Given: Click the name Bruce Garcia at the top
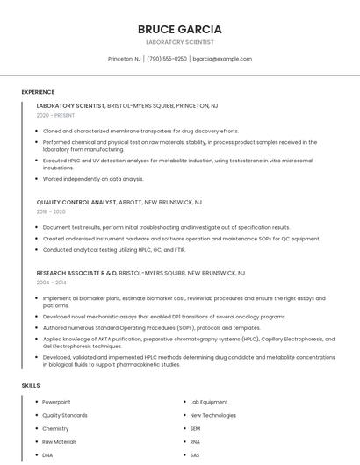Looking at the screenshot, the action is click(x=179, y=29).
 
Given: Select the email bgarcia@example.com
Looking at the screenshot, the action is click(x=222, y=59).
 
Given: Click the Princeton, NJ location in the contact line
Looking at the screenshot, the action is click(x=124, y=59).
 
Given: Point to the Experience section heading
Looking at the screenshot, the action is click(x=38, y=92).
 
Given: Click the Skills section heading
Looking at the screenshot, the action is click(x=31, y=385).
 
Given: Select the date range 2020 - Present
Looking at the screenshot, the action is click(x=55, y=115).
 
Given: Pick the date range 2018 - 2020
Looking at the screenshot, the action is click(x=51, y=211).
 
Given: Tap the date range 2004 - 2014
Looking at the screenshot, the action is click(x=51, y=283).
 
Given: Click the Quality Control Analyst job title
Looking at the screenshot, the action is click(x=76, y=202).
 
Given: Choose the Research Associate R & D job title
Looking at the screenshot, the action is click(x=76, y=273).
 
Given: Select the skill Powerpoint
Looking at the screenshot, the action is click(x=57, y=402).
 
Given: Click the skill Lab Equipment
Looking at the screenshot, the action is click(x=209, y=402).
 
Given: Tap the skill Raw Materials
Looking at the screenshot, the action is click(x=60, y=442).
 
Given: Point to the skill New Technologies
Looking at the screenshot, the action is click(x=212, y=415).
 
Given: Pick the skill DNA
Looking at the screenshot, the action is click(x=47, y=455).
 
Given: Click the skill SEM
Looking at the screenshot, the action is click(x=195, y=428).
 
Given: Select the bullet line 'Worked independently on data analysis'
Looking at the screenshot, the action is click(x=93, y=179).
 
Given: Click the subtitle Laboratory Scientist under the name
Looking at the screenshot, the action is click(x=179, y=42).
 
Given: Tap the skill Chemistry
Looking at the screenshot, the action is click(x=55, y=428).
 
